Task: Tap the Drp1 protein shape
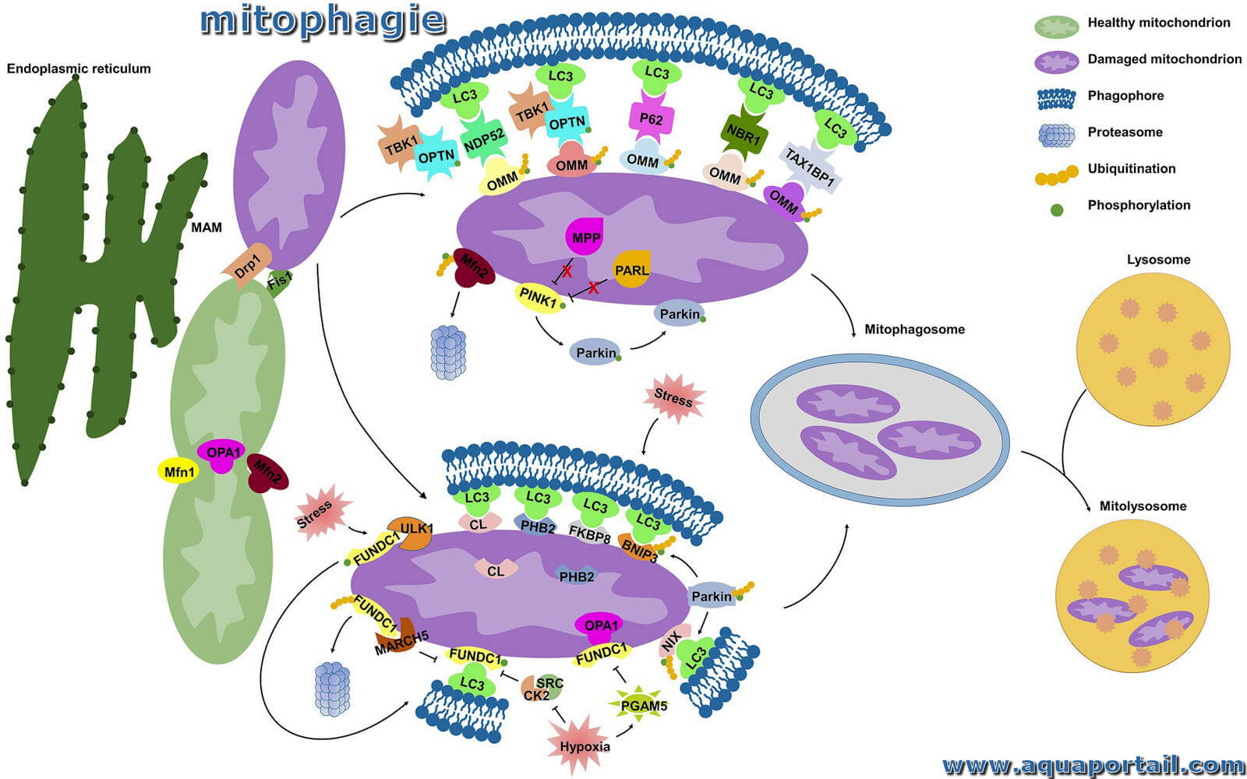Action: [247, 266]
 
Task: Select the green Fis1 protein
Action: [280, 282]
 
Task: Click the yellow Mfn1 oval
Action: [178, 472]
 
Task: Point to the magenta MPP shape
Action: [585, 236]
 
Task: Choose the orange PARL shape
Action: [631, 270]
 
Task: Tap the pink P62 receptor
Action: [651, 118]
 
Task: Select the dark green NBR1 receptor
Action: [744, 133]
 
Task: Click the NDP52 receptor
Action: [484, 139]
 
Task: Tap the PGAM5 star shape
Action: [642, 704]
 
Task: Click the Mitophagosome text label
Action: [914, 329]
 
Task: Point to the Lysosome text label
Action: [1158, 259]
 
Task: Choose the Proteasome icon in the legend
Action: [1056, 136]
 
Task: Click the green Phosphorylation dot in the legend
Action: [1056, 210]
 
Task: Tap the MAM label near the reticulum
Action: [206, 227]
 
